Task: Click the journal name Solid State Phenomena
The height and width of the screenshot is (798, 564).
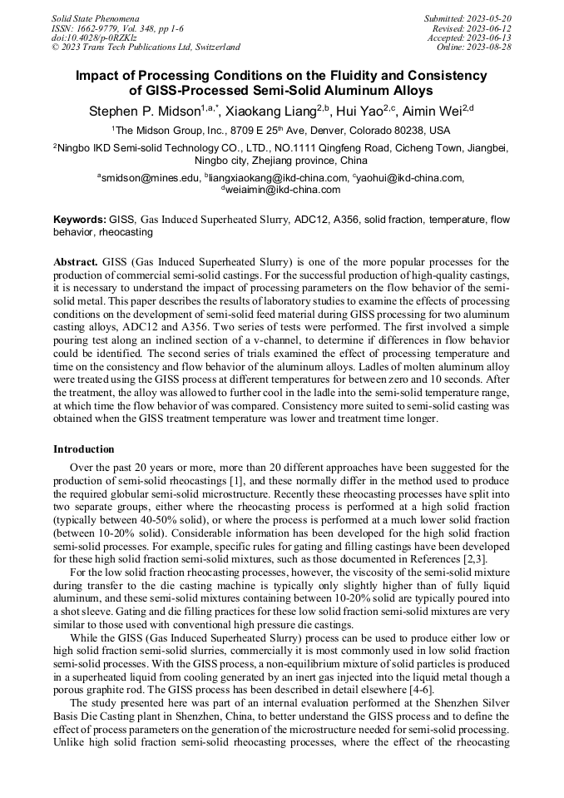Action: tap(95, 17)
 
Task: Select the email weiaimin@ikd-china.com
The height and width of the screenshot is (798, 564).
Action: tap(284, 189)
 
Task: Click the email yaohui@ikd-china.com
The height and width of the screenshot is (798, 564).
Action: tap(411, 177)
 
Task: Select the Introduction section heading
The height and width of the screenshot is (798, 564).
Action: tap(84, 449)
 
